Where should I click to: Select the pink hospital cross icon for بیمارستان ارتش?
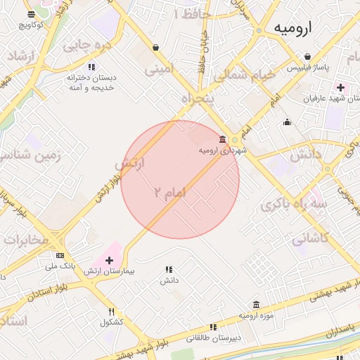(109, 260)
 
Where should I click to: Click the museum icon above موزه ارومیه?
(255, 304)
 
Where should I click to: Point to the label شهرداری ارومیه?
(219, 150)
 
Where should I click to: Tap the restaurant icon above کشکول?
(111, 311)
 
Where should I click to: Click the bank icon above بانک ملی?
(60, 255)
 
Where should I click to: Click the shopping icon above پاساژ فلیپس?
(308, 57)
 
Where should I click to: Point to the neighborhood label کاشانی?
(309, 238)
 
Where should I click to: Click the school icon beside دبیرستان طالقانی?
(212, 327)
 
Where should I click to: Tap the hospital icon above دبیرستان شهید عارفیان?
(341, 88)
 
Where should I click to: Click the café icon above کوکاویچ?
(32, 14)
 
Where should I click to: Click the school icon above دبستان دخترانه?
(90, 67)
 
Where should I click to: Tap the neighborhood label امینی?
(158, 69)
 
